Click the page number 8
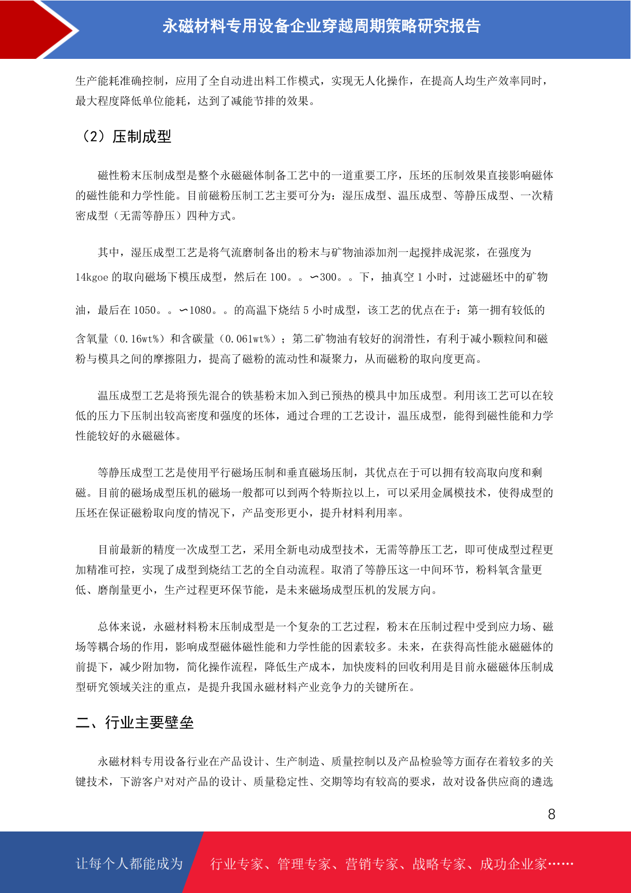tap(552, 815)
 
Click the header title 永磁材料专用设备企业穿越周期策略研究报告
tap(321, 26)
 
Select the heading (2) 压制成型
tap(126, 137)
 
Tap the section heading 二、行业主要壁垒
tap(135, 722)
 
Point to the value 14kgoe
tap(92, 277)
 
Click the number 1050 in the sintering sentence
tap(145, 310)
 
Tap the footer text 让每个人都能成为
tap(129, 864)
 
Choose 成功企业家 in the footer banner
tap(513, 864)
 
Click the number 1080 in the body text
tap(201, 310)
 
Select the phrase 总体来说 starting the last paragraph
tap(120, 627)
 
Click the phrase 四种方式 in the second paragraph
tap(209, 216)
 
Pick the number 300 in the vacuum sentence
tap(328, 277)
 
